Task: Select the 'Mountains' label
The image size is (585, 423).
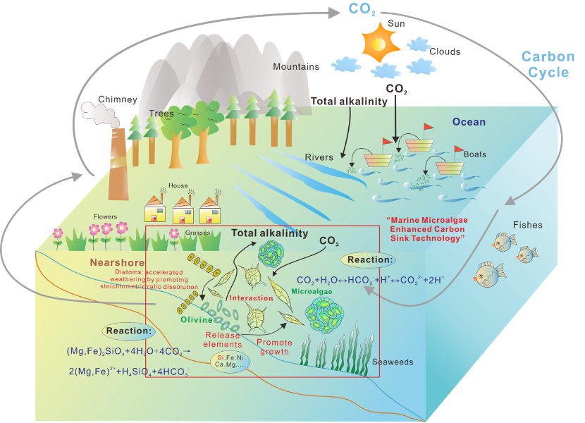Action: [x=296, y=67]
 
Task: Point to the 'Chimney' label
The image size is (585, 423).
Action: [x=117, y=99]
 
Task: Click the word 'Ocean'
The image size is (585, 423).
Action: [x=469, y=122]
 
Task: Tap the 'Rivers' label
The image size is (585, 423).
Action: [x=319, y=157]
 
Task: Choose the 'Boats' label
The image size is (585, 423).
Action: [x=474, y=154]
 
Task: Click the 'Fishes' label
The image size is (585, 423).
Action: [x=527, y=225]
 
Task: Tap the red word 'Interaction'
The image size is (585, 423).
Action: [x=251, y=298]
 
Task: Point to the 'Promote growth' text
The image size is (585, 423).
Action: [x=274, y=347]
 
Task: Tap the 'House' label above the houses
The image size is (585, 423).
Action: [x=178, y=186]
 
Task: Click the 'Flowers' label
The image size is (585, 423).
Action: [x=105, y=216]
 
